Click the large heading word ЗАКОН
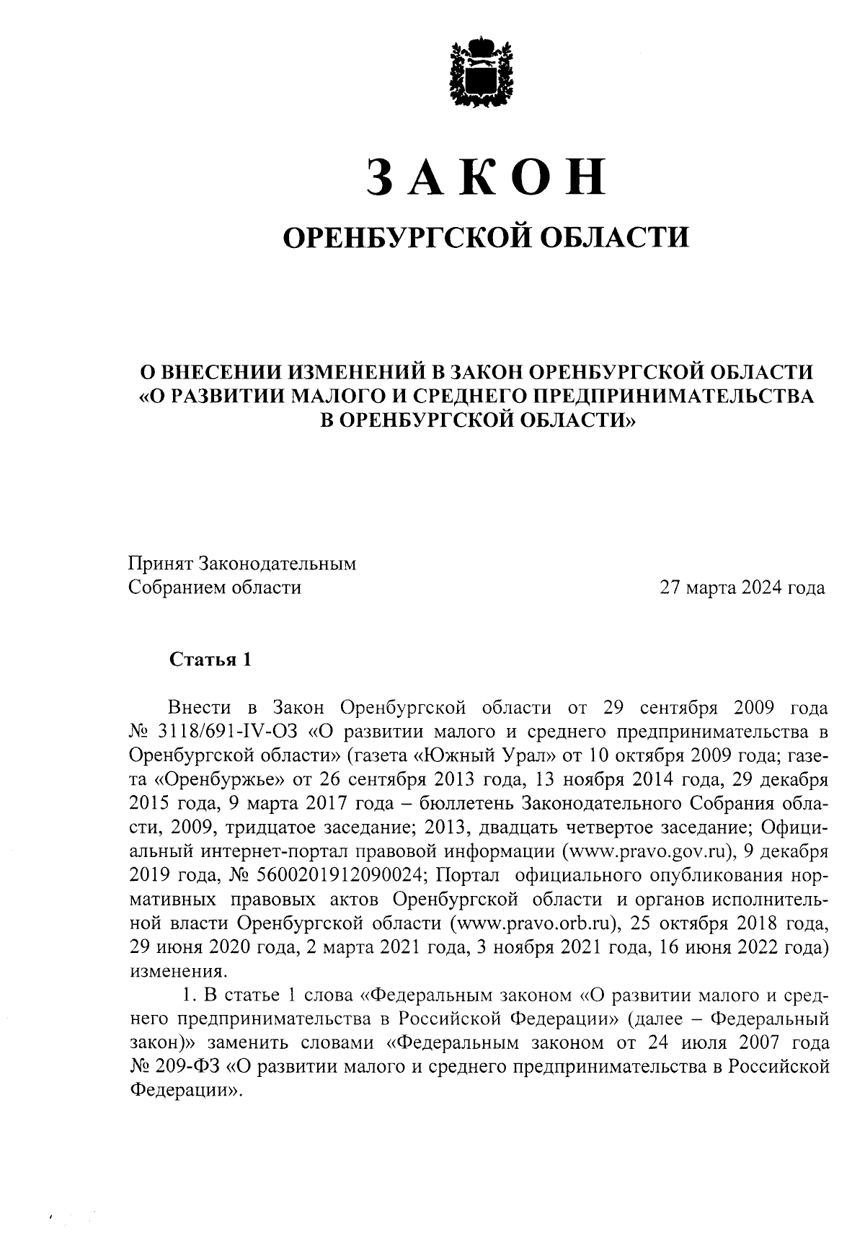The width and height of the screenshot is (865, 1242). point(486,177)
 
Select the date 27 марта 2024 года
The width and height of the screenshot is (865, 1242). point(742,588)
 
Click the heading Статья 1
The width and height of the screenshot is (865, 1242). point(210,660)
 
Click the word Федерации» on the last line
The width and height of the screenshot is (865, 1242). point(185,1089)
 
